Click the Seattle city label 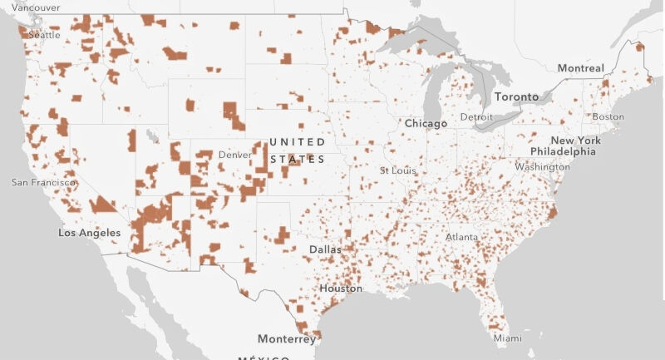[45, 35]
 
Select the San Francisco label [43, 182]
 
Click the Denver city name [234, 155]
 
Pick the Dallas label [324, 249]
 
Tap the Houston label [340, 288]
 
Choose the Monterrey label [287, 339]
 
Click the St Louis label [397, 170]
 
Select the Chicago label [426, 123]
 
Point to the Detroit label [476, 117]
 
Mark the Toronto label [516, 96]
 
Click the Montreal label [580, 67]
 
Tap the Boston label [608, 116]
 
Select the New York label [575, 141]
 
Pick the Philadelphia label [563, 151]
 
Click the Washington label [541, 166]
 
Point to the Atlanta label [461, 237]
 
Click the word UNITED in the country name [298, 142]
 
